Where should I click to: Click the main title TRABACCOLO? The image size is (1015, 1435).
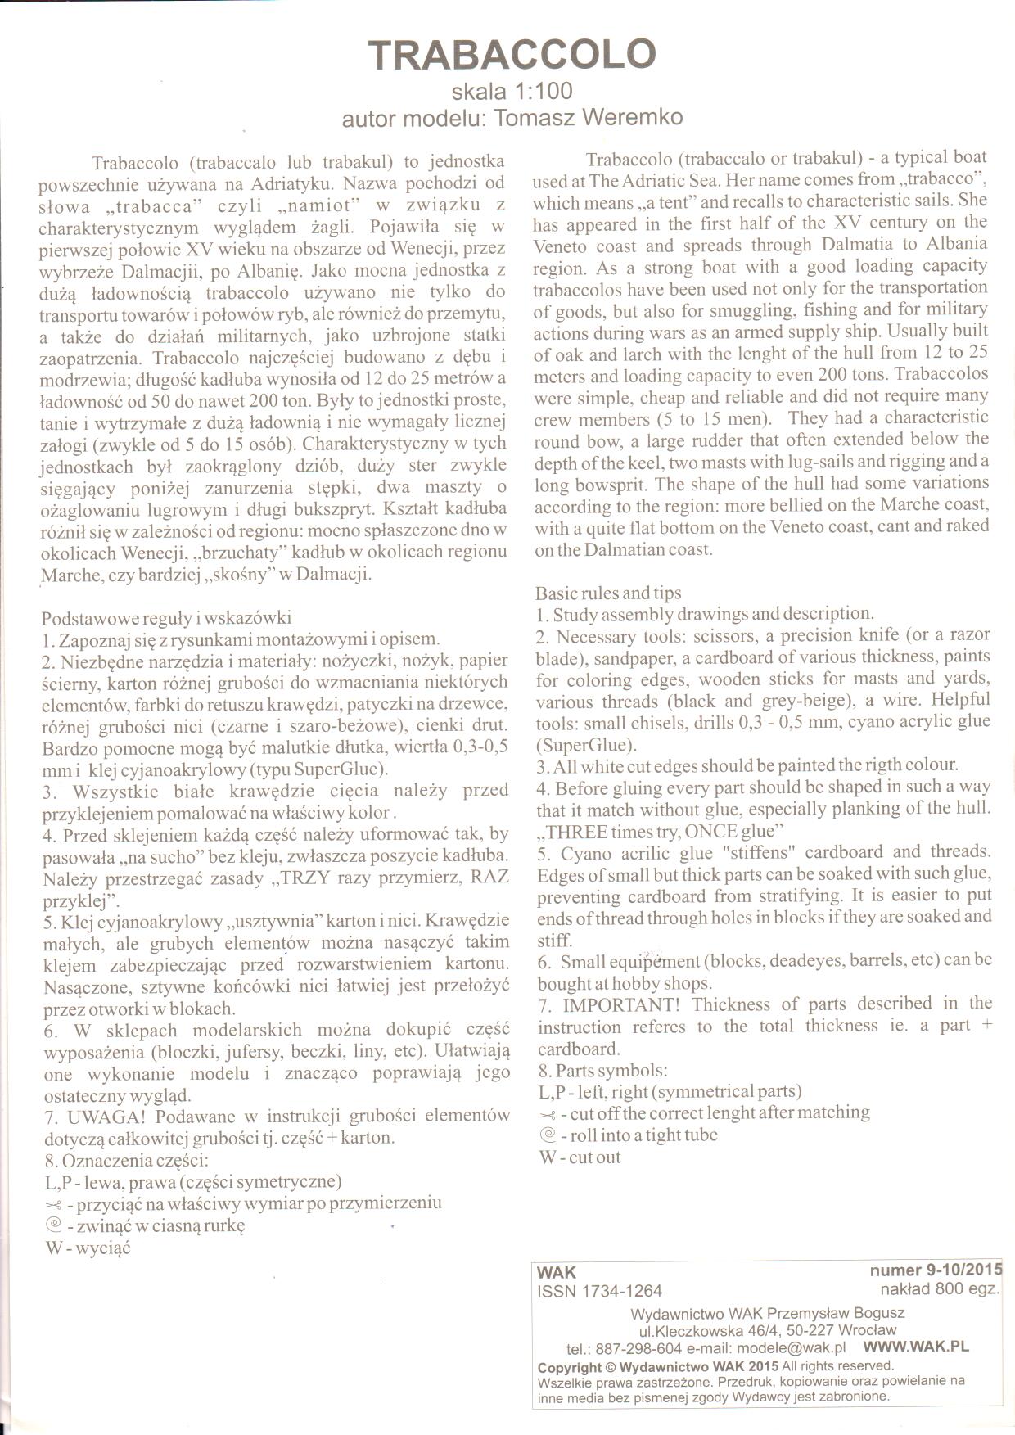(x=512, y=54)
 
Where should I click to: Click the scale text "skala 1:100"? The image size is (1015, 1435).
(x=512, y=91)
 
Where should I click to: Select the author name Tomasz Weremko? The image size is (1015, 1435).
(x=589, y=118)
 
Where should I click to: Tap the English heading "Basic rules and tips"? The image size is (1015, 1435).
(x=608, y=593)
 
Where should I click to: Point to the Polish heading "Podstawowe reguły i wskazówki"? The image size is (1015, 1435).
(x=166, y=617)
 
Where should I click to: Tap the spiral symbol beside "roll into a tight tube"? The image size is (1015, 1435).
(x=548, y=1135)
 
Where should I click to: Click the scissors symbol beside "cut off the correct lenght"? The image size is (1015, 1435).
(x=548, y=1114)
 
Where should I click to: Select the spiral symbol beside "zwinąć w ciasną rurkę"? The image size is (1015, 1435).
(x=54, y=1225)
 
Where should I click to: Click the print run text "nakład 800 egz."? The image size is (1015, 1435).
(x=940, y=1289)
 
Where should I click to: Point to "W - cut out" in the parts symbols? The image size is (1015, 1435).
(x=580, y=1157)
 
